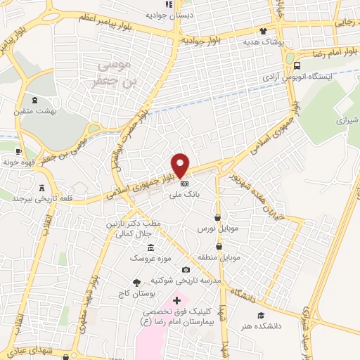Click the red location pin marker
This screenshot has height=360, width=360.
coord(181,165)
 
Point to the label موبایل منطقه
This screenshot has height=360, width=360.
coord(221,257)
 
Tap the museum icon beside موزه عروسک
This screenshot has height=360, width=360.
coord(150,247)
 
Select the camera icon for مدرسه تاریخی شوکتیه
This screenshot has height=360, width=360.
coord(186,269)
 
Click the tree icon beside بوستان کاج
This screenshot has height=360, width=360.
coord(136,283)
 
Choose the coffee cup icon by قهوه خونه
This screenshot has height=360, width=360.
coord(18,152)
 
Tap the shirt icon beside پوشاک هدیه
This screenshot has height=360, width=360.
coord(263,31)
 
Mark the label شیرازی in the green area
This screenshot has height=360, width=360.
coord(347,120)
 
